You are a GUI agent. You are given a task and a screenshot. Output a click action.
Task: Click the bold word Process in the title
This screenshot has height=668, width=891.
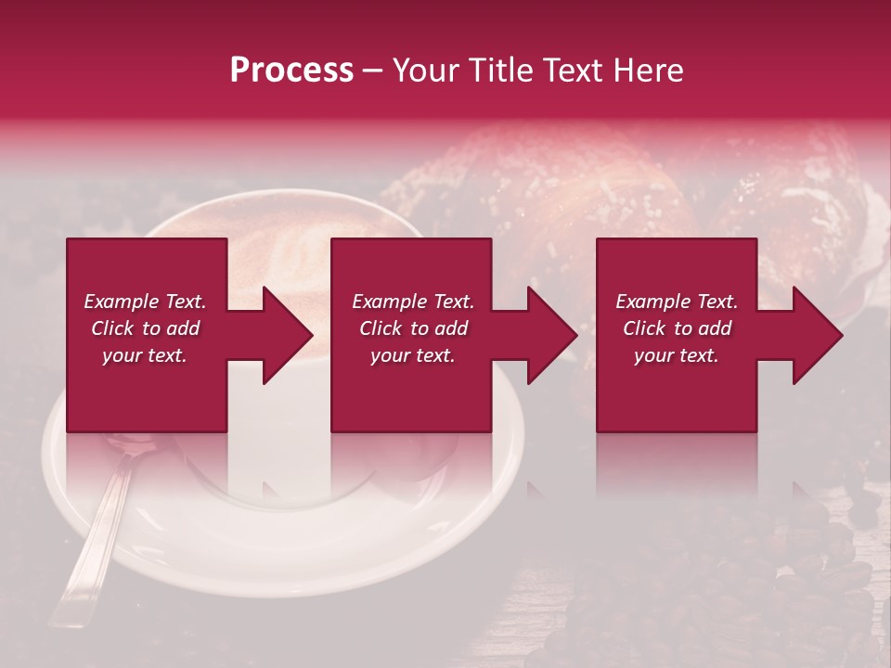tap(291, 70)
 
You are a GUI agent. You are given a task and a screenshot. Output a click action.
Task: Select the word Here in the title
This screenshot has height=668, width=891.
tap(649, 70)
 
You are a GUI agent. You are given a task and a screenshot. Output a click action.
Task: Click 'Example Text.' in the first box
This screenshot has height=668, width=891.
tap(145, 302)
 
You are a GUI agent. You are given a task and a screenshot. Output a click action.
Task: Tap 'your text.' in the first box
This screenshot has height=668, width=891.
tap(145, 355)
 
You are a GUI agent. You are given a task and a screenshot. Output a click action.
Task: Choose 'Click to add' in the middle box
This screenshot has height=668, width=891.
tap(413, 328)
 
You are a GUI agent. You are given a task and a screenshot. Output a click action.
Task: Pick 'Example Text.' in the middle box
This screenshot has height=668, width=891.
tap(413, 302)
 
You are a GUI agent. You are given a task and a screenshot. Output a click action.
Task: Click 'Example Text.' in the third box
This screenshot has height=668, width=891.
tap(677, 302)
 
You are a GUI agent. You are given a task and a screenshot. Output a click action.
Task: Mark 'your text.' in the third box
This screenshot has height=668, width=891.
tap(677, 355)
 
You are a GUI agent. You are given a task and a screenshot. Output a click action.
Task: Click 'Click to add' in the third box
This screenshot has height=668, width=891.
tap(677, 328)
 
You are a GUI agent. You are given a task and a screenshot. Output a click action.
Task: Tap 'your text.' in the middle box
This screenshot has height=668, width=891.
tap(413, 355)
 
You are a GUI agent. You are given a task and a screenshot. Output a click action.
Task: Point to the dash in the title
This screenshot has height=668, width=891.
tap(372, 71)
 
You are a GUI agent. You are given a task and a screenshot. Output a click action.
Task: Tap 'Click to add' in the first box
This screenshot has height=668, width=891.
tap(145, 328)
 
